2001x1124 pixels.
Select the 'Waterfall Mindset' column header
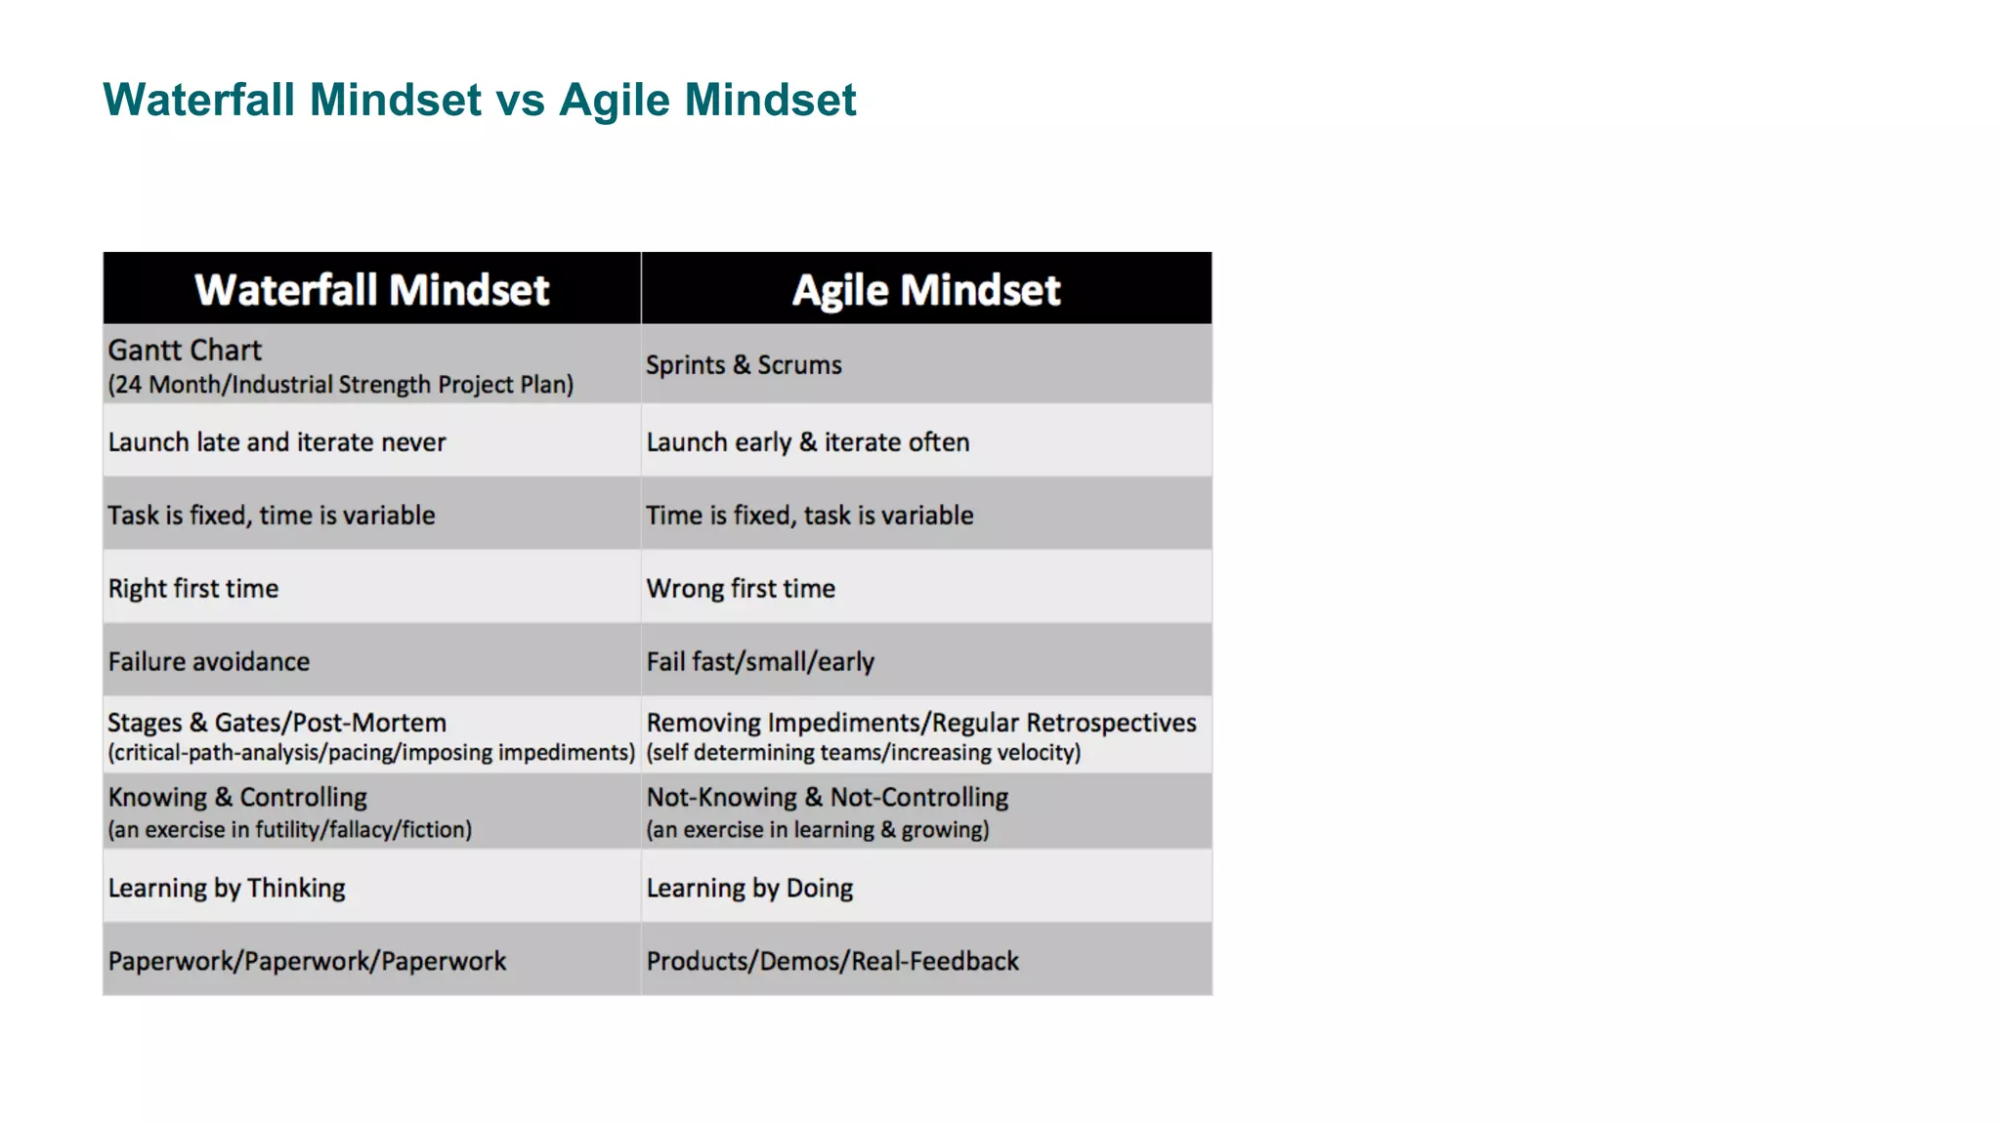[x=371, y=290]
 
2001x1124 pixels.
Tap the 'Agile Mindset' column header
[x=925, y=290]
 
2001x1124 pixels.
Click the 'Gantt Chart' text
[x=185, y=351]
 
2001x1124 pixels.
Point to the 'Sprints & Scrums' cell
[x=744, y=365]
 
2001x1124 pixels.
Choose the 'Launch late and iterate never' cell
[x=277, y=442]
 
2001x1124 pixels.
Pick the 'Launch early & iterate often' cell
[x=808, y=442]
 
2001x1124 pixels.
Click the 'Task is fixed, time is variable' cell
[x=272, y=516]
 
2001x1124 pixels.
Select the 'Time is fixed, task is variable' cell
[x=810, y=516]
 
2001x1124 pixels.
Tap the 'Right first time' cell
[x=193, y=589]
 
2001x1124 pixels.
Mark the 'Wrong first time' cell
[x=741, y=589]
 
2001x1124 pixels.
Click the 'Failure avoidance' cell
[x=209, y=662]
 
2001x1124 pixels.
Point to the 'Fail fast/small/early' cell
[x=760, y=662]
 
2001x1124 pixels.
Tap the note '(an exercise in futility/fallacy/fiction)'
[x=290, y=830]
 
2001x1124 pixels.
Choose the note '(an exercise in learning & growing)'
[x=818, y=830]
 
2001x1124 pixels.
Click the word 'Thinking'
[x=296, y=888]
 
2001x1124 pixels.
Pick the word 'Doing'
[x=819, y=888]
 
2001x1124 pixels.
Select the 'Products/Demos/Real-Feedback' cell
[x=832, y=961]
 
